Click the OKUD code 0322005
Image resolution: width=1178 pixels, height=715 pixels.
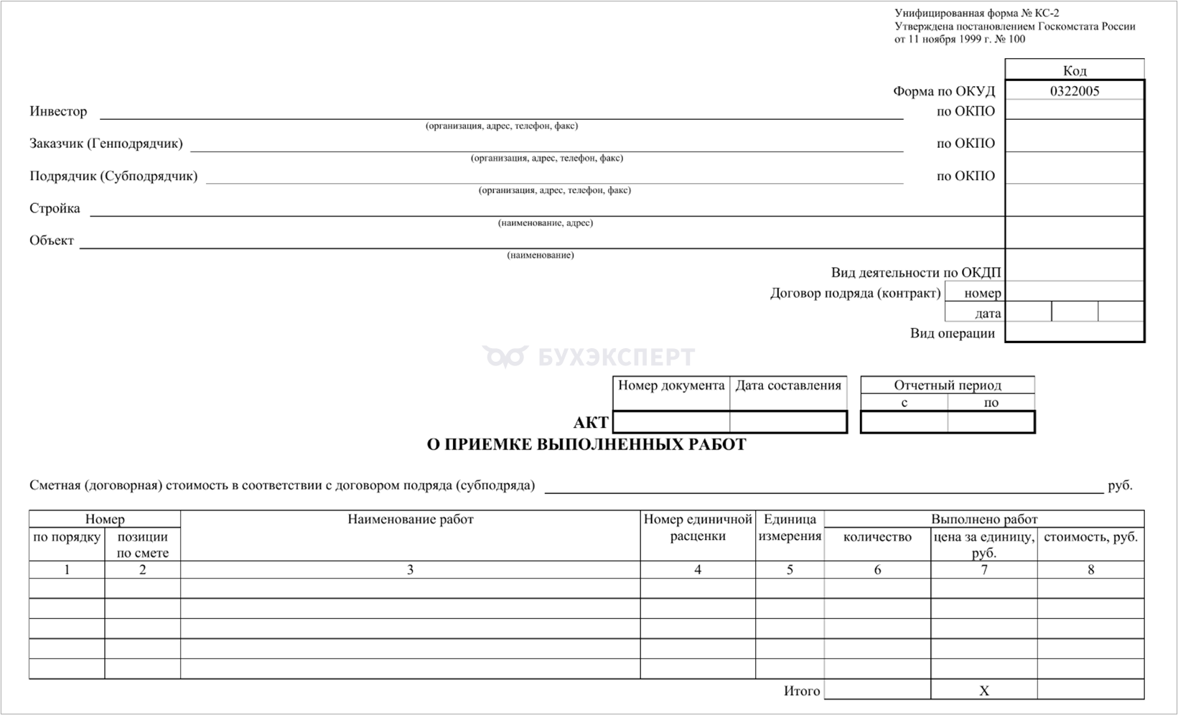[x=1074, y=91]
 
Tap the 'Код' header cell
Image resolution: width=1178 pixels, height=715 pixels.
[x=1074, y=70]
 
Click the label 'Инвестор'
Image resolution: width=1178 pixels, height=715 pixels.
[x=58, y=111]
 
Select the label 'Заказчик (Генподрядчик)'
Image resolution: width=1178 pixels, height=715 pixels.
[x=106, y=144]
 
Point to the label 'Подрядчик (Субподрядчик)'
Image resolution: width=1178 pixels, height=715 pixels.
[x=113, y=176]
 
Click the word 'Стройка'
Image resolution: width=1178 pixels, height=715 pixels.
[x=55, y=208]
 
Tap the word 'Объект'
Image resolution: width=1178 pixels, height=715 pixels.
[x=52, y=240]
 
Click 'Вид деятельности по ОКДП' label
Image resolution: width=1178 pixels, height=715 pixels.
[x=915, y=273]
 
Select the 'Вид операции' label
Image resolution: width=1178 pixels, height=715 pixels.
[x=952, y=333]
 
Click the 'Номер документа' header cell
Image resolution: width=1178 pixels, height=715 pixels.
[x=671, y=385]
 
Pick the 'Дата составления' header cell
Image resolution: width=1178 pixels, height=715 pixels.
[x=788, y=385]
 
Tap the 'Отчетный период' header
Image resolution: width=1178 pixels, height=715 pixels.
[x=947, y=385]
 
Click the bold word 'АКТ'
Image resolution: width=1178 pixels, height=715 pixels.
[x=590, y=423]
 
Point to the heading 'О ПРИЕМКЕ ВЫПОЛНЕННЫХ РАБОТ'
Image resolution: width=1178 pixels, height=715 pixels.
[x=586, y=444]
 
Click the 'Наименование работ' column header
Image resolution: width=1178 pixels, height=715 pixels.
[x=410, y=519]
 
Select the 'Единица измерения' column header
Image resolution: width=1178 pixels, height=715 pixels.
[x=790, y=528]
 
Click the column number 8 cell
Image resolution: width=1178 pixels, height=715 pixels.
[x=1090, y=569]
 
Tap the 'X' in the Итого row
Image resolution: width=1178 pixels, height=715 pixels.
[x=983, y=691]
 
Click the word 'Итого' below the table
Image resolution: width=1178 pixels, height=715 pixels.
[x=801, y=691]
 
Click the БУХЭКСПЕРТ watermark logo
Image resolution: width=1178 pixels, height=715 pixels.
[x=589, y=357]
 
